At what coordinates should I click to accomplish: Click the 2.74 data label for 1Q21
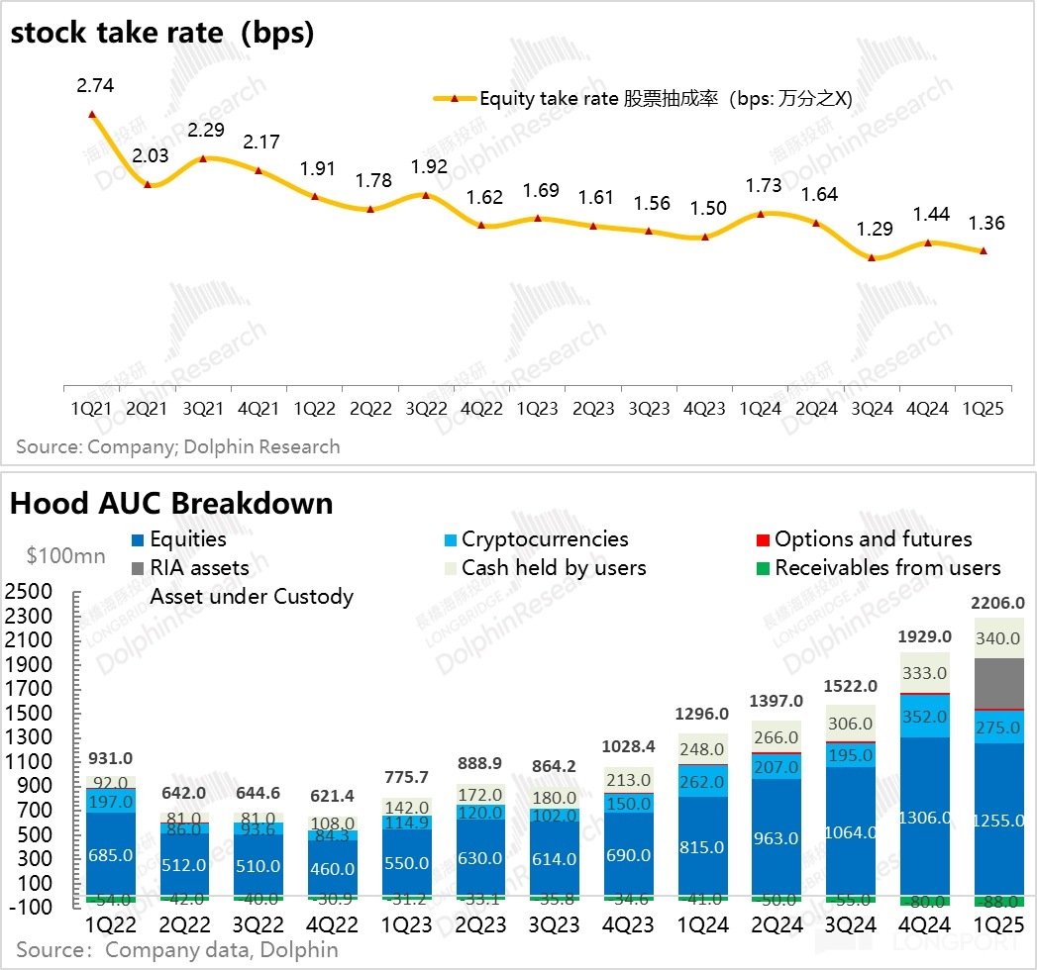pyautogui.click(x=95, y=86)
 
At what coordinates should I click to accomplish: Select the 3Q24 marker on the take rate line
pyautogui.click(x=872, y=257)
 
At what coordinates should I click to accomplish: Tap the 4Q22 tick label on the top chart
pyautogui.click(x=481, y=408)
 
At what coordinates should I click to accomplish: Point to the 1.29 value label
pyautogui.click(x=873, y=231)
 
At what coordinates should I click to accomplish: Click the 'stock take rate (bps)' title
pyautogui.click(x=162, y=34)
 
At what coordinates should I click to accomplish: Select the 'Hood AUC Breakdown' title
pyautogui.click(x=171, y=503)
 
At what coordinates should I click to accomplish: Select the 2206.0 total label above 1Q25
pyautogui.click(x=999, y=602)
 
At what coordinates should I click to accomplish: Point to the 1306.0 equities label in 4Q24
pyautogui.click(x=926, y=818)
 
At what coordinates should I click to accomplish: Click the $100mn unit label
pyautogui.click(x=66, y=556)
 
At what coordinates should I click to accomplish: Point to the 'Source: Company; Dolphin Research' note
pyautogui.click(x=178, y=446)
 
